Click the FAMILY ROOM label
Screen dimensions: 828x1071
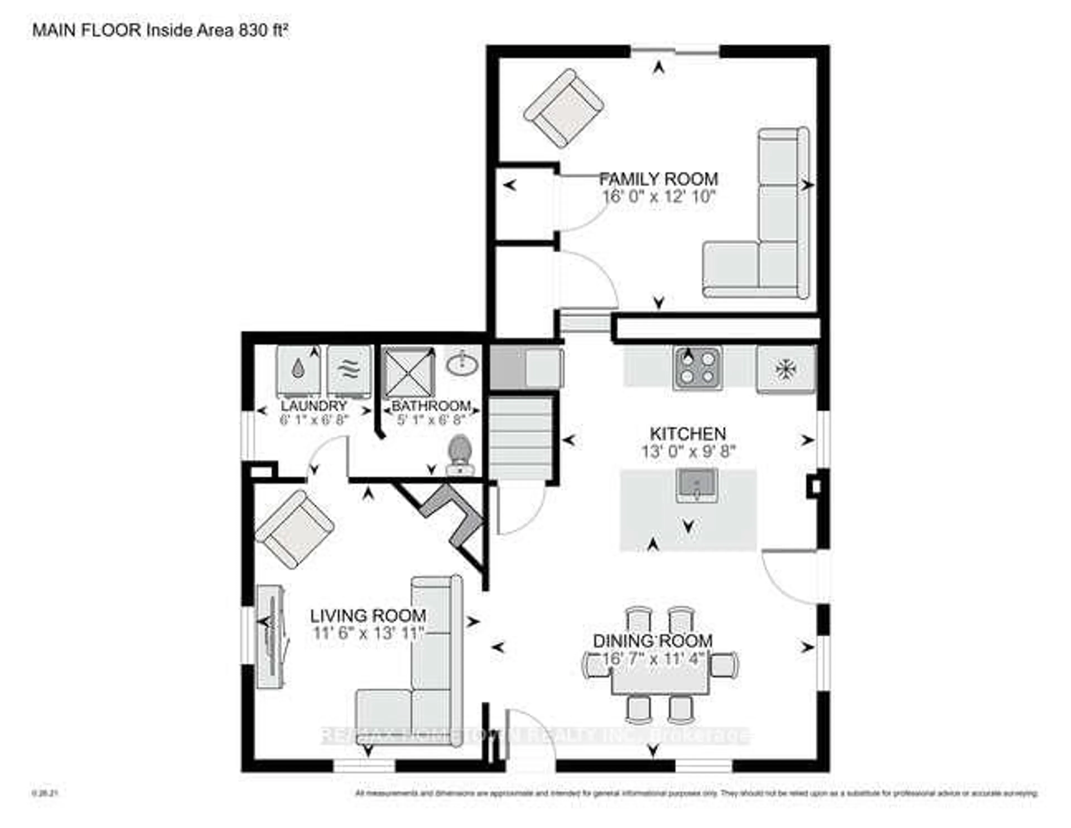(658, 179)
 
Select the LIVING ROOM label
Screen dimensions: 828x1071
(368, 616)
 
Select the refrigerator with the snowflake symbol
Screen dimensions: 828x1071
(785, 369)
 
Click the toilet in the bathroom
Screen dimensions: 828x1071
(460, 455)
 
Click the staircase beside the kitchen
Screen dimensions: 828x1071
(521, 437)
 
